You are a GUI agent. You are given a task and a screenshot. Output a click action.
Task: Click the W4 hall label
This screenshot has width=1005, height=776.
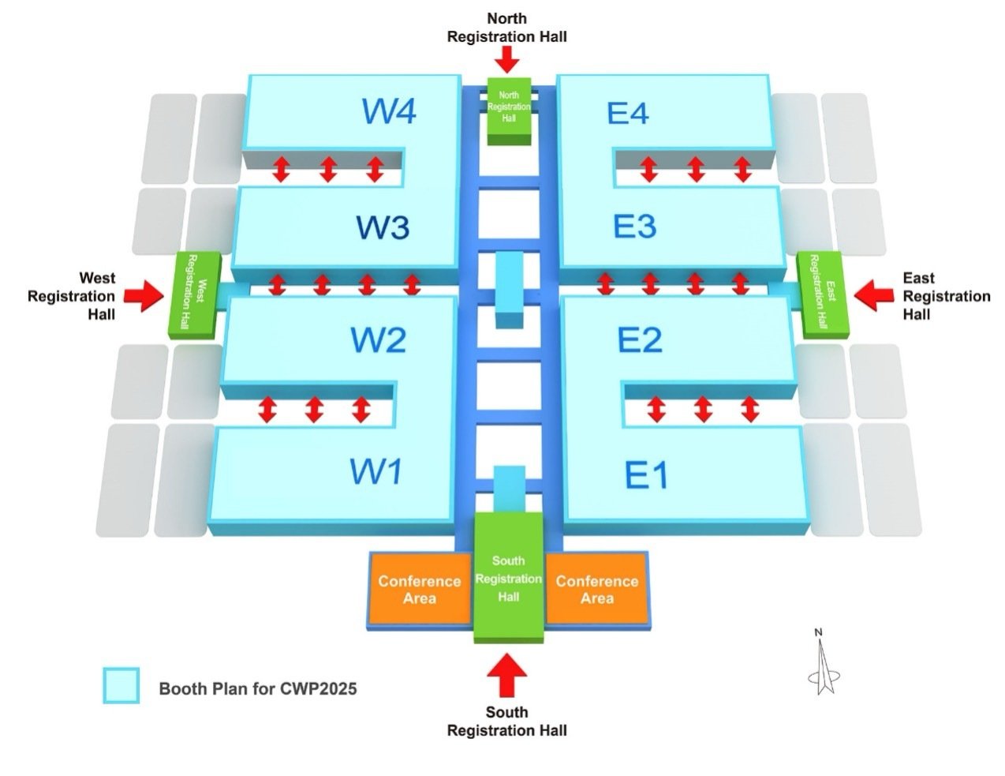[389, 111]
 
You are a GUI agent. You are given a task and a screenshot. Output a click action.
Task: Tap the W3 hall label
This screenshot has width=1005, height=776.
[383, 227]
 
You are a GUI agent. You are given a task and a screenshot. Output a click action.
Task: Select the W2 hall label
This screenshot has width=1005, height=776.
[378, 340]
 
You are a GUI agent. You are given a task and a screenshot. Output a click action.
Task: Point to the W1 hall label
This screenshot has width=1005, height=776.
[375, 471]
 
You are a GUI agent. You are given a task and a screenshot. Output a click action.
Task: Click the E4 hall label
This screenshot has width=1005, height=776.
[628, 114]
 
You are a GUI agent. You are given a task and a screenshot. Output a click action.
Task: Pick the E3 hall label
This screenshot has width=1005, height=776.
[634, 227]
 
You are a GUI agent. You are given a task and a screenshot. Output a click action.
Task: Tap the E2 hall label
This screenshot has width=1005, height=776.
[640, 340]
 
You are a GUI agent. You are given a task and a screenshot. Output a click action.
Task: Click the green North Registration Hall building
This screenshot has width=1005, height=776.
[509, 109]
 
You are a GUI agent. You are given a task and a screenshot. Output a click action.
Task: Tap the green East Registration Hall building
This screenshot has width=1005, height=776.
[823, 293]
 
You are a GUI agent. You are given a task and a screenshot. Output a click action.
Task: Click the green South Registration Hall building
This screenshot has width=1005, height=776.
[508, 578]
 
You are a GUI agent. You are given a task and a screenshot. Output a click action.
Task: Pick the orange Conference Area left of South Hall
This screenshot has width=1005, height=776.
[419, 589]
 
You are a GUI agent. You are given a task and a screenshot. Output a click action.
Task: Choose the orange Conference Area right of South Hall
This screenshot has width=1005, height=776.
[597, 589]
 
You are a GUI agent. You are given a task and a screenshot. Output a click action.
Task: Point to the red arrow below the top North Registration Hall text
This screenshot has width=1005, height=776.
[506, 58]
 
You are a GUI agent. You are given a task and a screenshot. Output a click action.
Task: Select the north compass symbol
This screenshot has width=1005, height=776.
[823, 667]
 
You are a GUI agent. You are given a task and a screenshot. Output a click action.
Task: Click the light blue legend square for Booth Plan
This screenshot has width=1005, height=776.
[121, 686]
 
